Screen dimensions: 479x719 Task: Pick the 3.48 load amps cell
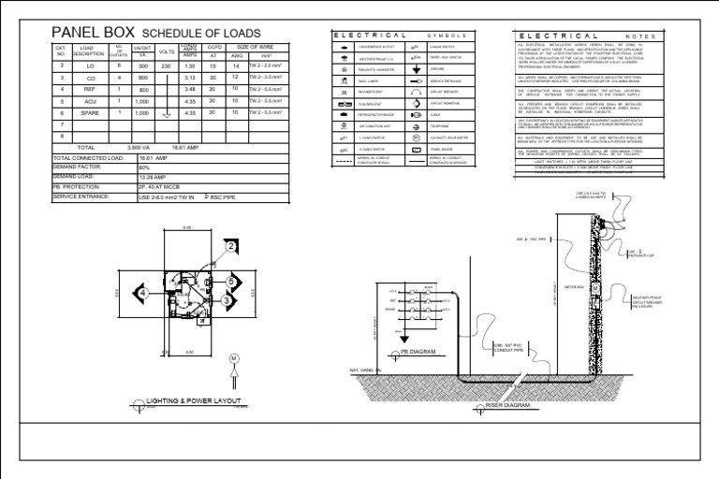coord(190,89)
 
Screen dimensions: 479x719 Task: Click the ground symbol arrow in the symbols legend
coord(416,69)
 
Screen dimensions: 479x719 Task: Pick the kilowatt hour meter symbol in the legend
coord(416,137)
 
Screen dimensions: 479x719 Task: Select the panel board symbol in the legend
coord(416,149)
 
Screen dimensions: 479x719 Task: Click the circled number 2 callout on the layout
coord(231,246)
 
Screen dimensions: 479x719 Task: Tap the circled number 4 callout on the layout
coord(143,293)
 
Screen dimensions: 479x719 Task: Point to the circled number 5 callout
coord(230,281)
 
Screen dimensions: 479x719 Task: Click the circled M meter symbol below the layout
coord(234,358)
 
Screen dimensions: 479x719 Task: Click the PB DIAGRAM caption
coord(418,353)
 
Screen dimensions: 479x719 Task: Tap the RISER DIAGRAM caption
coord(507,406)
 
